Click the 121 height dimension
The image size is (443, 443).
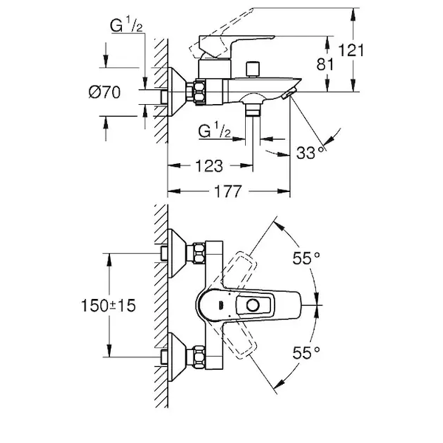(351, 50)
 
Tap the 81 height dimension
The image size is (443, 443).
(325, 64)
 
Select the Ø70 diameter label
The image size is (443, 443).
(105, 92)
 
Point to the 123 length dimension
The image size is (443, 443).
(210, 166)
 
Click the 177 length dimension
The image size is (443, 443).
(228, 191)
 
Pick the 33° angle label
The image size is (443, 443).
(310, 153)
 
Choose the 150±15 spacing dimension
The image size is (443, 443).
(109, 306)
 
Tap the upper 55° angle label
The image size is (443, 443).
(306, 258)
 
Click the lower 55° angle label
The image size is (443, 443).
(306, 353)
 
